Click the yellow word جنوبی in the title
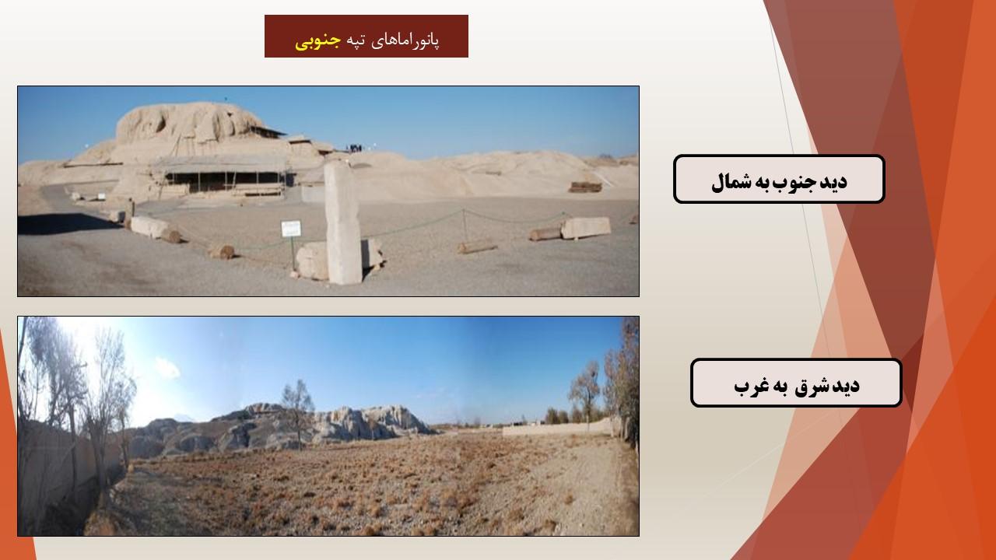tap(318, 41)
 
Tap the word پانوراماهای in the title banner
tap(405, 41)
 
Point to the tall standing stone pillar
tap(342, 222)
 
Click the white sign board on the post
tap(291, 229)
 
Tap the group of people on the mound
tap(354, 148)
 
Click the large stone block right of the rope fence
tap(586, 228)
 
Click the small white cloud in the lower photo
tap(167, 368)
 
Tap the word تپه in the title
tap(356, 41)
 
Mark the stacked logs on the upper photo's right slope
tap(585, 187)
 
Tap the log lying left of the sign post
tap(222, 252)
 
